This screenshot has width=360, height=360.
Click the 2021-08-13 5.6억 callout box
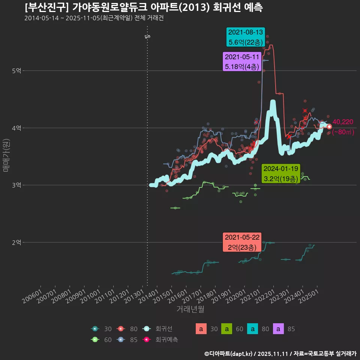click(246, 37)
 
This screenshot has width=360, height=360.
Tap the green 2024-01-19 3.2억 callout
click(281, 174)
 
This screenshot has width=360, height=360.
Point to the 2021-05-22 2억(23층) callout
click(242, 242)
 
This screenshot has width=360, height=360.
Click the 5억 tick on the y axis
click(16, 70)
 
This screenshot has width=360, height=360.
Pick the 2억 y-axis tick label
click(16, 243)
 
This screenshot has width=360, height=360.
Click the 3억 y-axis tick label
click(16, 185)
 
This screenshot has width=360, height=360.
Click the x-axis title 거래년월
click(190, 309)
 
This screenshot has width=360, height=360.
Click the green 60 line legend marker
click(95, 340)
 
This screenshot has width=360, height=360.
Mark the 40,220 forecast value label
click(343, 122)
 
